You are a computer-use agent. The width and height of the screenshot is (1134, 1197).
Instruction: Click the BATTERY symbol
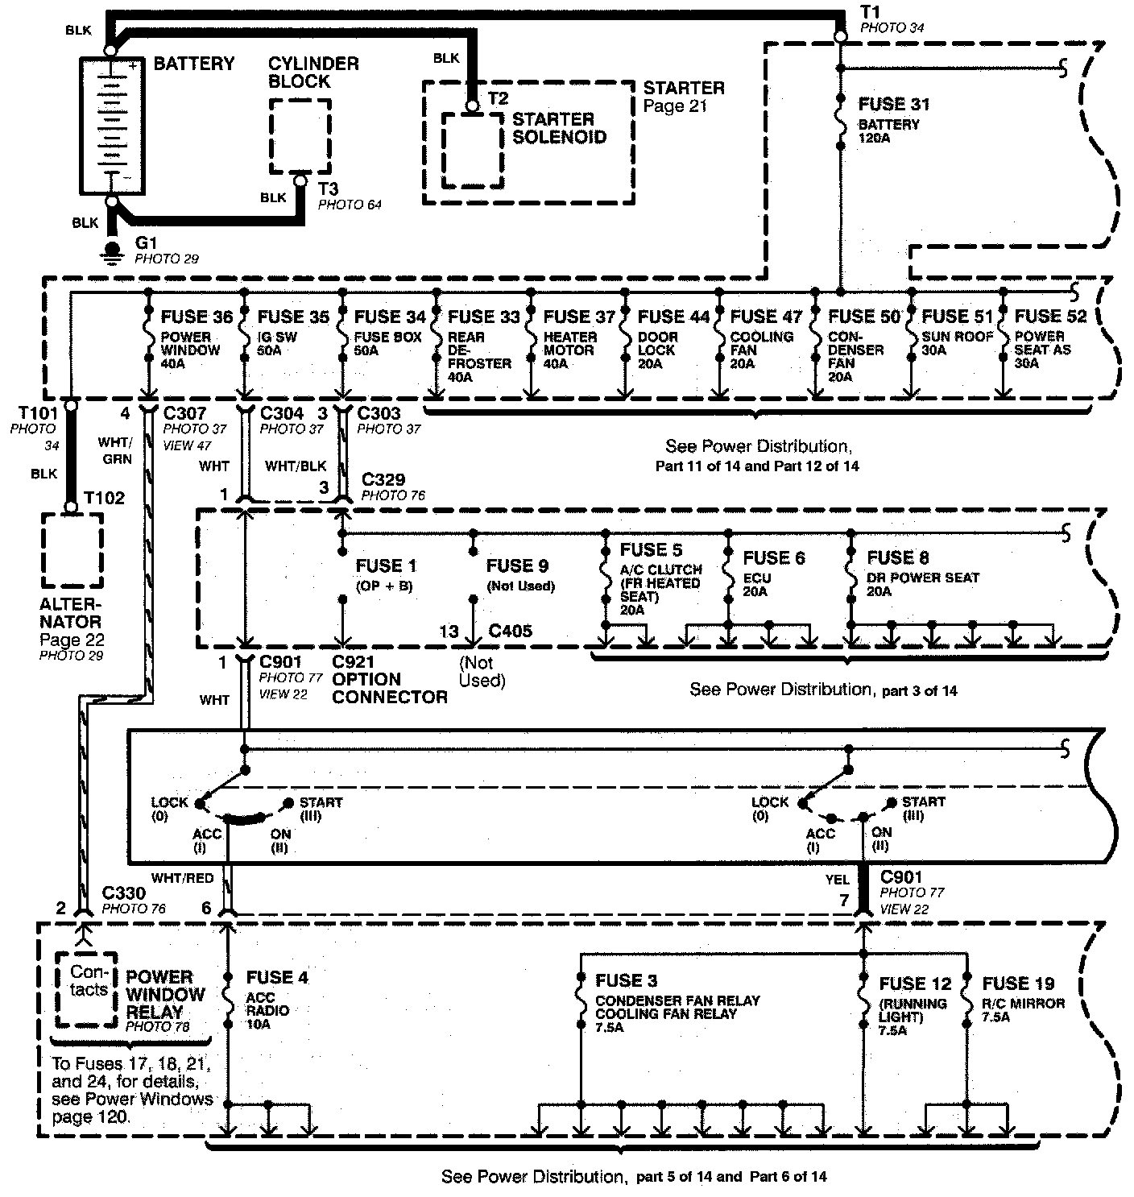click(x=111, y=126)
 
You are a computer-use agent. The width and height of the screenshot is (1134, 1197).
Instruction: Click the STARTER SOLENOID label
click(x=559, y=128)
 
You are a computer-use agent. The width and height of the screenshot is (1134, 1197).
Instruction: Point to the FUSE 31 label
click(x=894, y=105)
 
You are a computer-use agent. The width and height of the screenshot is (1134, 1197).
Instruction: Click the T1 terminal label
click(x=870, y=11)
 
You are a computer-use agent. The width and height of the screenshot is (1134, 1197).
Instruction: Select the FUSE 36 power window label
click(x=197, y=317)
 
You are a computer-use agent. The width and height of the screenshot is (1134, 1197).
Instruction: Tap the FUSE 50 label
click(x=863, y=317)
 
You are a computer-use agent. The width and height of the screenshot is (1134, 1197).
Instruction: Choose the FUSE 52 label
click(x=1050, y=317)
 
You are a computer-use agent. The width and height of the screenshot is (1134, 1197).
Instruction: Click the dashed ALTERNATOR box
click(x=72, y=551)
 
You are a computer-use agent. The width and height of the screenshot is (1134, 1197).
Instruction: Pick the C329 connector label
click(x=383, y=480)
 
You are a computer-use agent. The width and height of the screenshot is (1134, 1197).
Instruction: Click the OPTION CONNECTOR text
click(x=389, y=688)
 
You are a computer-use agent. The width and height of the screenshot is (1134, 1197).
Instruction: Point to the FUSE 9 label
click(x=517, y=565)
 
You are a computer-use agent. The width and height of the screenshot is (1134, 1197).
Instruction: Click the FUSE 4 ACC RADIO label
click(x=277, y=978)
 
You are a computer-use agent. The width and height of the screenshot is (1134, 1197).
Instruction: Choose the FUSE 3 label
click(x=626, y=981)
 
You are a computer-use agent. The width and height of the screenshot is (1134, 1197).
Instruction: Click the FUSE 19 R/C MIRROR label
click(x=1018, y=984)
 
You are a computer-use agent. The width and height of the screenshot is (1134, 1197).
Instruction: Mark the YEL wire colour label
click(x=838, y=880)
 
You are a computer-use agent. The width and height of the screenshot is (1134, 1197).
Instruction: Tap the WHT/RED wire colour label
click(x=182, y=877)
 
